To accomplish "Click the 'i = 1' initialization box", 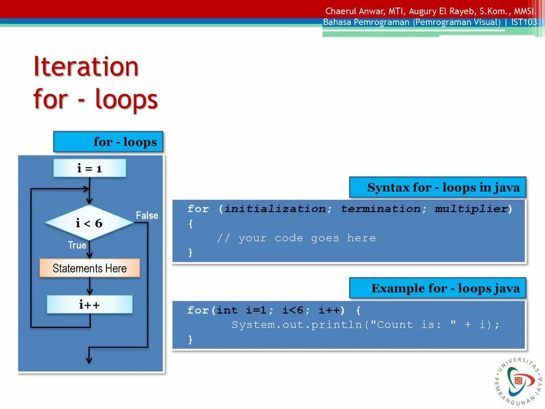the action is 89,168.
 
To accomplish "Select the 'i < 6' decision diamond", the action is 89,223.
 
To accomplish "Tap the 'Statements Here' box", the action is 89,268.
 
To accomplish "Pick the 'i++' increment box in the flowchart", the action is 89,305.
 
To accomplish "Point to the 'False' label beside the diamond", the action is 147,216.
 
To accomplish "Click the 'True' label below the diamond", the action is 77,245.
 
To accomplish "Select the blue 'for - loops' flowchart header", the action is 108,142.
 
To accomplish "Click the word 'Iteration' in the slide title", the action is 86,67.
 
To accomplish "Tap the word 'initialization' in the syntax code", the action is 275,209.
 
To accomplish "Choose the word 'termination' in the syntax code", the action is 381,209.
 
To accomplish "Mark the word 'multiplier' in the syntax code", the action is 471,209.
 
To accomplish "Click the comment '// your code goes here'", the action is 296,238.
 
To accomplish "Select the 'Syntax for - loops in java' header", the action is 437,187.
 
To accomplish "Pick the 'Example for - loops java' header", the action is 437,288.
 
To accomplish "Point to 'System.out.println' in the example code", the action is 296,325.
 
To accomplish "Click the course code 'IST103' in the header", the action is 524,22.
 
